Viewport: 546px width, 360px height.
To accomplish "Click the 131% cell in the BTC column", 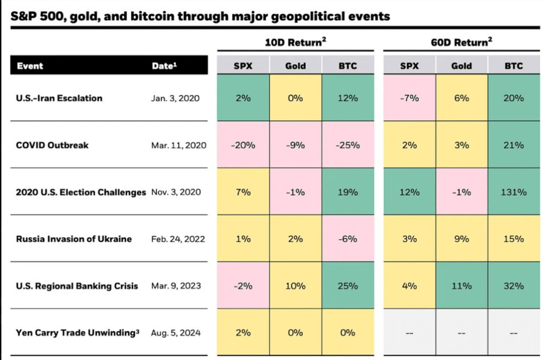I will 513,192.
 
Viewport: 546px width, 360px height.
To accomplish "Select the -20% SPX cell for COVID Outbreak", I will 243,145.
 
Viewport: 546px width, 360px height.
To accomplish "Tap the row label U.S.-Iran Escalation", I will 59,98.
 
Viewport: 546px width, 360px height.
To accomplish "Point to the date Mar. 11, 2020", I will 179,145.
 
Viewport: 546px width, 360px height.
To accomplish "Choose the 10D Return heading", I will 295,42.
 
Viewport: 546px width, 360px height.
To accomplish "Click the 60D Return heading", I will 462,42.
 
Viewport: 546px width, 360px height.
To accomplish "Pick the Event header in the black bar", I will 30,66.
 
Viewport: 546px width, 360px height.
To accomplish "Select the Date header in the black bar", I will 164,66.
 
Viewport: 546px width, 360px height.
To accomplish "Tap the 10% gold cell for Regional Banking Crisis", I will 295,286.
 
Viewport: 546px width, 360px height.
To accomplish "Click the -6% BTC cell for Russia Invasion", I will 347,239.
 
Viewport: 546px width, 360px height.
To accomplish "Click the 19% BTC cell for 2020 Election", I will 347,192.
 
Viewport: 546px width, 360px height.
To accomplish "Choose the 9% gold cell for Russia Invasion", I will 462,239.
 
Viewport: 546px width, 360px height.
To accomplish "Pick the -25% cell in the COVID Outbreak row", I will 347,145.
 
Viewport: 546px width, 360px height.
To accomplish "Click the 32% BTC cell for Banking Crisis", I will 513,286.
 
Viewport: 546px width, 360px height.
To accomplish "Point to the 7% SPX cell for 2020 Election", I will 243,192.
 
